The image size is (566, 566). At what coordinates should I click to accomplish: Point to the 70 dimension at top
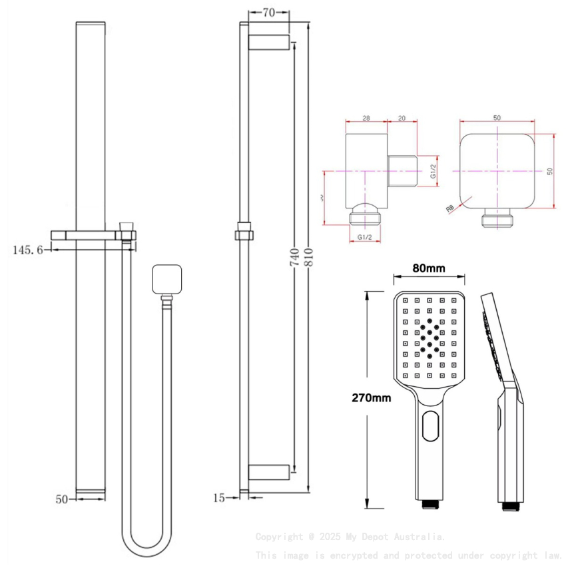click(270, 12)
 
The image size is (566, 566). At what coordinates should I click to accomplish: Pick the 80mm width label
click(428, 268)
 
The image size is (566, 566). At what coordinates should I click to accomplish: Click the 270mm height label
click(372, 398)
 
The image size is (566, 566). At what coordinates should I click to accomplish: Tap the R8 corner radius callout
click(450, 208)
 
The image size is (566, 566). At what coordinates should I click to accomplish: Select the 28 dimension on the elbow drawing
click(366, 118)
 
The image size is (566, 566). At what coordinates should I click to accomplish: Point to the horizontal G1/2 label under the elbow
click(365, 237)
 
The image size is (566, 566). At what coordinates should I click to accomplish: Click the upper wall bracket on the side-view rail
click(268, 42)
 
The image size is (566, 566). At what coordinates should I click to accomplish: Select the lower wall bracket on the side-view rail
click(268, 471)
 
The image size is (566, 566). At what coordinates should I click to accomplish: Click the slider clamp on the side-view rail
click(244, 234)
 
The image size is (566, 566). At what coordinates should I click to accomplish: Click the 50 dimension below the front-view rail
click(61, 498)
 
